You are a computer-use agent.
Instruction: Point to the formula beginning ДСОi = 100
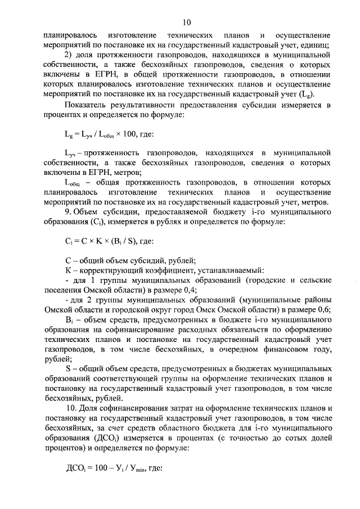point(114,482)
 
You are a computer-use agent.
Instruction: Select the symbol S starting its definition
point(68,368)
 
